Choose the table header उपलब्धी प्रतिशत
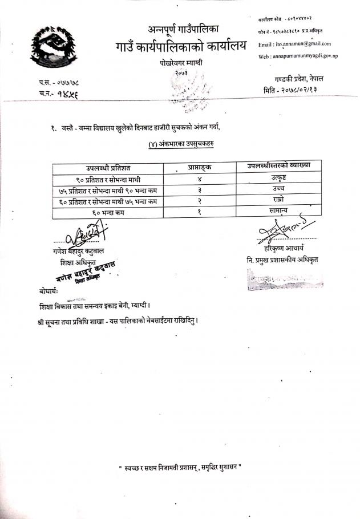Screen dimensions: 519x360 [x=108, y=167]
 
